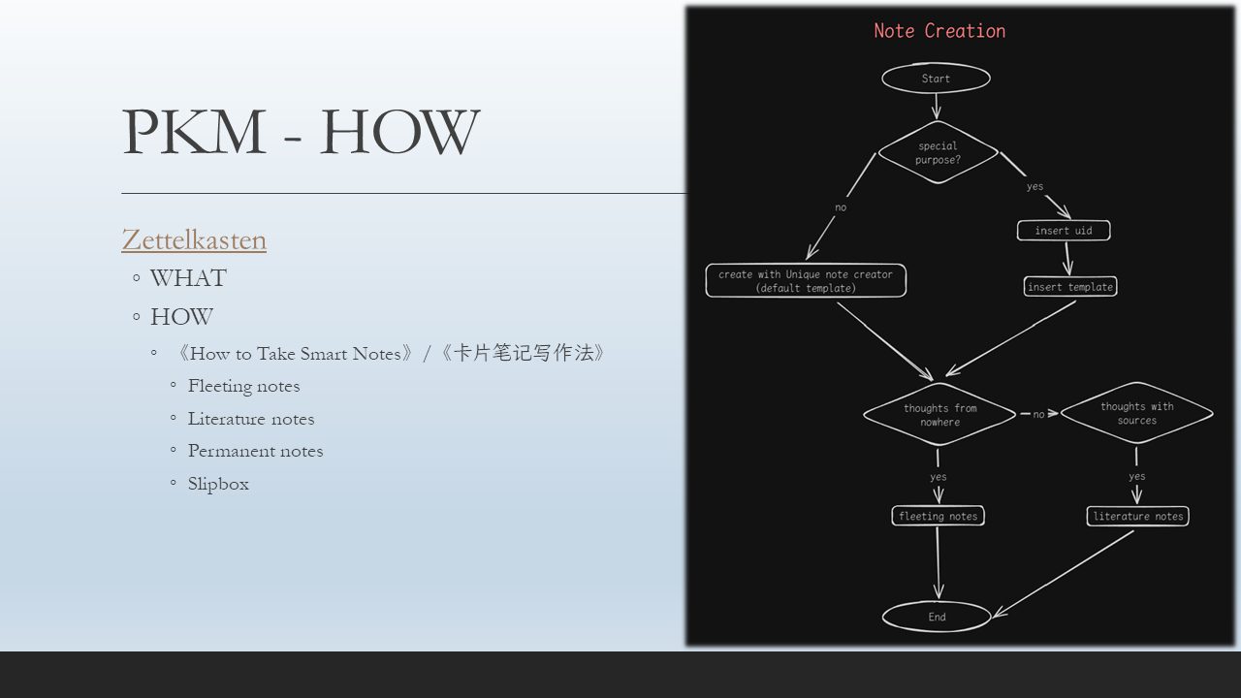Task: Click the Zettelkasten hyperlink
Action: pos(194,239)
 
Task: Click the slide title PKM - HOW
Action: pos(301,133)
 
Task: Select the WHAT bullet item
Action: pos(188,278)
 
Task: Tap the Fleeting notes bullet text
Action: pos(244,386)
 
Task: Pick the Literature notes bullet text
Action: pos(251,419)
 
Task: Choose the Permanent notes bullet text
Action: pos(255,451)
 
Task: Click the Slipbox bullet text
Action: pos(218,484)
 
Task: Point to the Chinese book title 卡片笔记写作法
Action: pos(524,353)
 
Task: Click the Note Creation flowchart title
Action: pos(939,31)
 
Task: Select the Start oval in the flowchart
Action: pos(936,79)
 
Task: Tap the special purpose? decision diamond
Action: pos(938,153)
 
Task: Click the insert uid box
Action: pos(1064,231)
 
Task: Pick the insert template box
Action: pos(1070,287)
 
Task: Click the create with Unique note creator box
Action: pos(806,281)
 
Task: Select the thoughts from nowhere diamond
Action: pos(939,415)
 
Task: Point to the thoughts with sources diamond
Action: pos(1136,413)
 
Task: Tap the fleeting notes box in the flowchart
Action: pos(938,517)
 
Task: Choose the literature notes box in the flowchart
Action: pos(1137,517)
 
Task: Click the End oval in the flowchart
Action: pos(937,617)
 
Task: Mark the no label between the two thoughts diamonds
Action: pos(1038,414)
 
